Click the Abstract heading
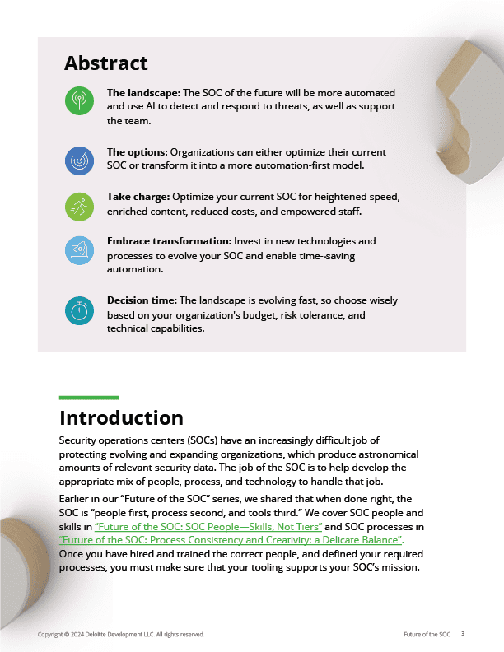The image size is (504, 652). click(106, 63)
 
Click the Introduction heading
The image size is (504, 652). click(121, 417)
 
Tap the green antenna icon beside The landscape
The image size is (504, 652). click(79, 101)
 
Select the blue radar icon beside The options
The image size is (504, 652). click(79, 161)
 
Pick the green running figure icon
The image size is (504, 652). click(79, 206)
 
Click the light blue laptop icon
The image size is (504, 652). click(79, 250)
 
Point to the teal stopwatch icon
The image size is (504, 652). click(79, 311)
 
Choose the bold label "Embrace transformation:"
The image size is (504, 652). click(169, 241)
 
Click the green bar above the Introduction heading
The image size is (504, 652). click(89, 398)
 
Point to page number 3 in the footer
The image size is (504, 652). click(463, 634)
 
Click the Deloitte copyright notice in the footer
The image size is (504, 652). click(121, 635)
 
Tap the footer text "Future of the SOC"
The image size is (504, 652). click(427, 635)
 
